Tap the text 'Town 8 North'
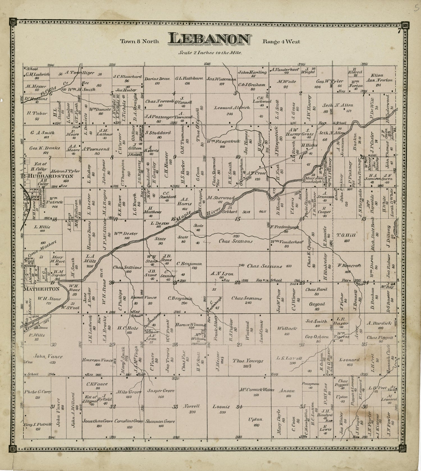[x=139, y=42]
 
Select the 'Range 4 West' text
[x=281, y=42]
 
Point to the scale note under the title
[x=210, y=52]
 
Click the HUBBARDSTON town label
[x=51, y=176]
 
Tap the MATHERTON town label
[x=42, y=289]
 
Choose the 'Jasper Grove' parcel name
[x=161, y=390]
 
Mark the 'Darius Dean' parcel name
[x=157, y=79]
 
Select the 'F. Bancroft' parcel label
[x=345, y=265]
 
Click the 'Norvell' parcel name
[x=191, y=406]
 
